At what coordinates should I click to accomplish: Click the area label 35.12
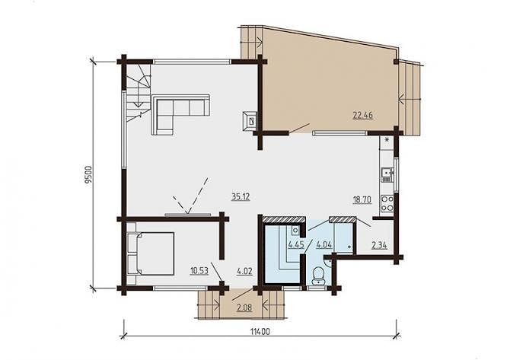tap(241, 197)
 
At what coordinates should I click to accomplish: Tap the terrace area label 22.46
tap(363, 115)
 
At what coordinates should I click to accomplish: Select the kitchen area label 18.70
tap(362, 199)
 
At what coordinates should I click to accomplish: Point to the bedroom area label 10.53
tap(199, 271)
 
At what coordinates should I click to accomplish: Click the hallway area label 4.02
tap(244, 271)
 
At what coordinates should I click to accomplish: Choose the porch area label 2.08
tap(244, 307)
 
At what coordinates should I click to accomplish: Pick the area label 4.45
tap(296, 244)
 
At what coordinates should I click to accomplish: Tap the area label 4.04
tap(324, 244)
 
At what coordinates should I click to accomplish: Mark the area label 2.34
tap(379, 245)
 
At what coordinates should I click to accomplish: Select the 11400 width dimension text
tap(260, 331)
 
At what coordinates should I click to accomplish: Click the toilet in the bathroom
tap(317, 276)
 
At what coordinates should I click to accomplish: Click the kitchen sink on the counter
tap(387, 174)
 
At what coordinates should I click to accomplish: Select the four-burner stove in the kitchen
tap(387, 203)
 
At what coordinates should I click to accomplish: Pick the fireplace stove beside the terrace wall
tap(250, 122)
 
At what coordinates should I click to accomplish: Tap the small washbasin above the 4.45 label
tap(295, 231)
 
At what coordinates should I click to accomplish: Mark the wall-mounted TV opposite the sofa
tap(188, 215)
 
